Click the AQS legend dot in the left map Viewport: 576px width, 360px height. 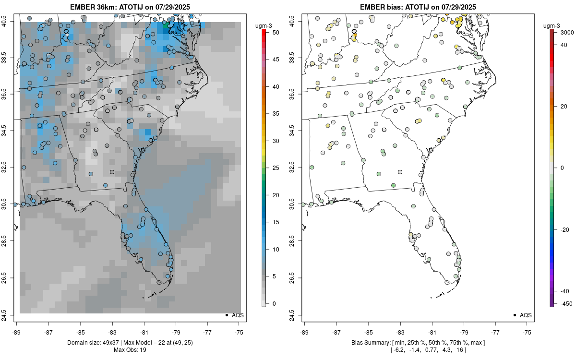pyautogui.click(x=227, y=315)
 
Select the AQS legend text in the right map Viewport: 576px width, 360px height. pyautogui.click(x=526, y=315)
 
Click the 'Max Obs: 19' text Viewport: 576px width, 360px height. pyautogui.click(x=130, y=350)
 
